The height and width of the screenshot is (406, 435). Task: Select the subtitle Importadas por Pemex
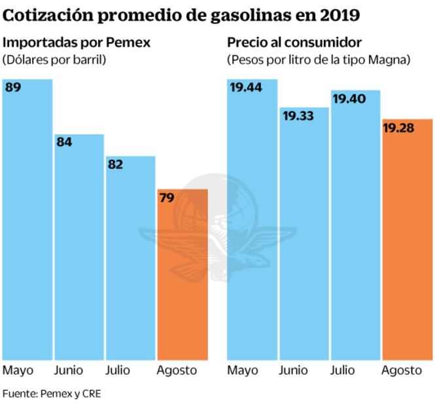(77, 43)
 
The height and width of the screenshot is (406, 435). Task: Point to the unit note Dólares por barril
(54, 60)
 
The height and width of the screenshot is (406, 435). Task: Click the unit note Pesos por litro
(319, 60)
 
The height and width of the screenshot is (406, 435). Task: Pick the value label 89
(13, 87)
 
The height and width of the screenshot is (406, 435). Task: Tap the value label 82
(115, 164)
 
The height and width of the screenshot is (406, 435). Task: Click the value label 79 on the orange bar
(166, 197)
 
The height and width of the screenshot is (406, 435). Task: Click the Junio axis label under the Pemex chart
(69, 371)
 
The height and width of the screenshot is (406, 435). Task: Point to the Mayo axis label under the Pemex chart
(18, 371)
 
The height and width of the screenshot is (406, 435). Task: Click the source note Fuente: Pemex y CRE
(52, 394)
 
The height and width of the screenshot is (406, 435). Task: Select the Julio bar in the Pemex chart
(130, 262)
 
